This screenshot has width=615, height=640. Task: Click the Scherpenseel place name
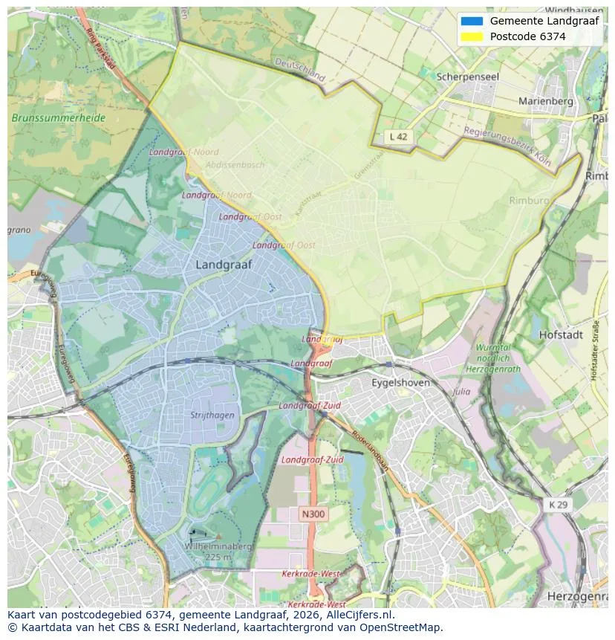(x=468, y=77)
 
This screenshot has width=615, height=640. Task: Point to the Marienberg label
(x=546, y=101)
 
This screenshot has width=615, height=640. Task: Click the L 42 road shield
(x=399, y=137)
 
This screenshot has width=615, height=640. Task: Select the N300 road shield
(x=313, y=514)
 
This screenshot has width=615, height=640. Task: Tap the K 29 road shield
(x=558, y=505)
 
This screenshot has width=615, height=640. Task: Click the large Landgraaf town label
(x=224, y=265)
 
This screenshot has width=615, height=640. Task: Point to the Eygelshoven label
(x=401, y=383)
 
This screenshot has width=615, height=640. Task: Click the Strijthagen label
(x=212, y=416)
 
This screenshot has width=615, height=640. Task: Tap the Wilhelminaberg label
(x=218, y=546)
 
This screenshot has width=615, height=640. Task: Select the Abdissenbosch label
(x=235, y=165)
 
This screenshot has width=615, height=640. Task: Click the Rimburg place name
(x=529, y=201)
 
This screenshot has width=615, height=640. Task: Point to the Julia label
(x=461, y=391)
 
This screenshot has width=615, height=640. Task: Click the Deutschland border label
(x=300, y=70)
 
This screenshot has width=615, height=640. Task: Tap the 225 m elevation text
(x=218, y=557)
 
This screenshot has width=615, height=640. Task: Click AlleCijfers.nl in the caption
(x=359, y=615)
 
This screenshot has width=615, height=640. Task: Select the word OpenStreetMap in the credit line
(x=402, y=627)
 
